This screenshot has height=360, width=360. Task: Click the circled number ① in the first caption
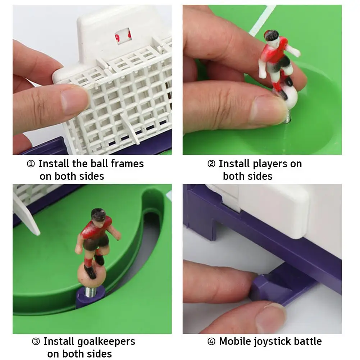coord(31,164)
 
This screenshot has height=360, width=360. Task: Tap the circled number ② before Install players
coord(211,164)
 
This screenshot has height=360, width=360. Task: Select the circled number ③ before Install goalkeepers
coord(36,342)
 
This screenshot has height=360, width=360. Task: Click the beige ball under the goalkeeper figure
coord(90,274)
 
